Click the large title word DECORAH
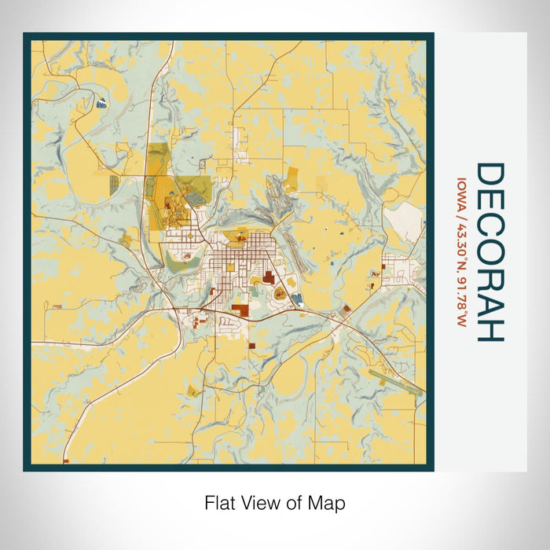[x=489, y=252]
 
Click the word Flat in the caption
[x=221, y=502]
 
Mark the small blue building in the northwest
[x=101, y=101]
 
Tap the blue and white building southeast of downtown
[x=297, y=299]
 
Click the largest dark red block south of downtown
[x=269, y=277]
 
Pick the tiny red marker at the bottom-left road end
[x=66, y=460]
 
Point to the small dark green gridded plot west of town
[x=114, y=185]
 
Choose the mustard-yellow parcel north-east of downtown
[x=292, y=178]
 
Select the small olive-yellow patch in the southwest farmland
[x=192, y=390]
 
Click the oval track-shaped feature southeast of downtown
[x=280, y=294]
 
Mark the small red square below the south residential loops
[x=251, y=344]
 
